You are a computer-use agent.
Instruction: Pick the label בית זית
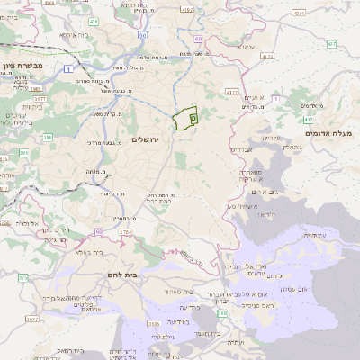click(x=33, y=106)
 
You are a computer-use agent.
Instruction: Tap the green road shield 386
click(x=47, y=137)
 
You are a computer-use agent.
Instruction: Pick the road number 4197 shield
click(x=186, y=10)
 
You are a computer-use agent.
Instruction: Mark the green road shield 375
click(x=22, y=276)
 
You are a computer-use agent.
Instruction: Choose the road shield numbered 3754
click(x=125, y=232)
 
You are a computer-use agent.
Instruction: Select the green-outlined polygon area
click(x=184, y=119)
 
